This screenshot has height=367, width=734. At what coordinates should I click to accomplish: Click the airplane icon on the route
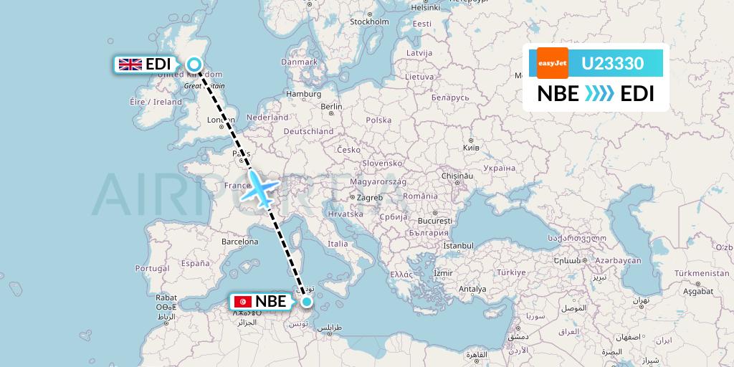261,189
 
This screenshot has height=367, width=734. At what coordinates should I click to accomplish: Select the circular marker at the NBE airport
308,302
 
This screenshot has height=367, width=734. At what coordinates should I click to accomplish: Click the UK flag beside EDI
130,65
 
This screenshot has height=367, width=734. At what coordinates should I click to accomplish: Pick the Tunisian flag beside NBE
242,302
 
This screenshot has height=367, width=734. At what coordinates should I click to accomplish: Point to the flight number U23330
612,63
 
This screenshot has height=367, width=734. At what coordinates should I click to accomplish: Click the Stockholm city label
368,22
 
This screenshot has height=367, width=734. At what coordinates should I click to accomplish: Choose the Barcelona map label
239,242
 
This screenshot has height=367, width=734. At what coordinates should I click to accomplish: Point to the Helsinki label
425,7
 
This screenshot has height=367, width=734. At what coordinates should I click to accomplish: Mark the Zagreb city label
370,197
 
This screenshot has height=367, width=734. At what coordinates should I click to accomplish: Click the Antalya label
472,289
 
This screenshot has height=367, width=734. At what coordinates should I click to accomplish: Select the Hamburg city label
303,94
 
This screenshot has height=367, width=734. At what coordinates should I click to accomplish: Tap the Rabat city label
166,297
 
